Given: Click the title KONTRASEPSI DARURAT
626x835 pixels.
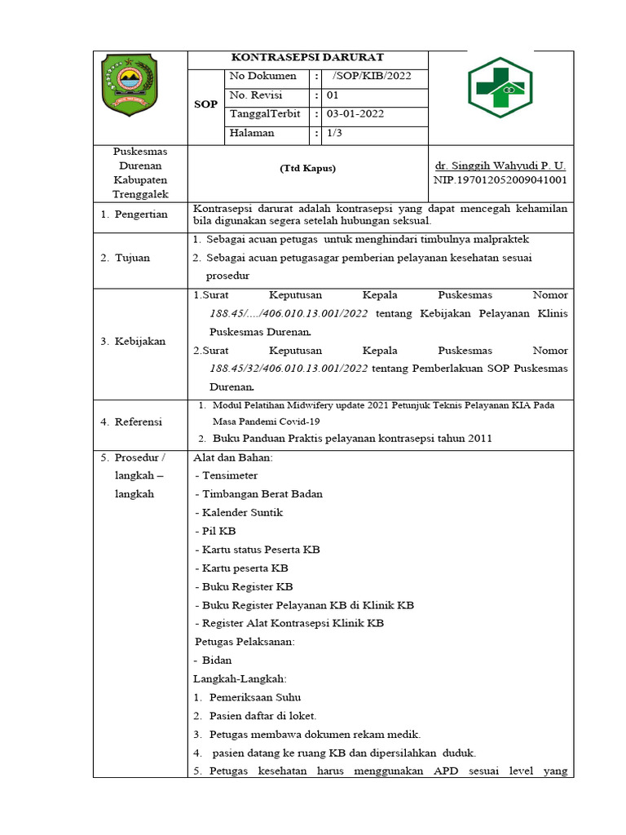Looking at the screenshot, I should [307, 57].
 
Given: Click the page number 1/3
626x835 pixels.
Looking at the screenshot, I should [335, 133].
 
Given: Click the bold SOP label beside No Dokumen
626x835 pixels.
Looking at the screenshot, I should [205, 104].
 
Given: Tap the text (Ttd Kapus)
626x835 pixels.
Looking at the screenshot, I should [307, 169].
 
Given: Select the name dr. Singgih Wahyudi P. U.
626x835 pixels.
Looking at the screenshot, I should [500, 165].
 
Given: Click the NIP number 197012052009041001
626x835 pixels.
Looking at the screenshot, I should [500, 179].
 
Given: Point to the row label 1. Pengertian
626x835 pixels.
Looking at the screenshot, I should [134, 214].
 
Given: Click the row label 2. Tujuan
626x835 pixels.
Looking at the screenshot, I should [127, 258].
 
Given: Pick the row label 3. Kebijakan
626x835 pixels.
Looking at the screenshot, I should [133, 341].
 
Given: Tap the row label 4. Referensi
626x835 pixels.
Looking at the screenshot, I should [131, 422].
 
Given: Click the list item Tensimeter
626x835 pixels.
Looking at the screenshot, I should [230, 475].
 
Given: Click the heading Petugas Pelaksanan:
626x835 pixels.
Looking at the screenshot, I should [245, 642].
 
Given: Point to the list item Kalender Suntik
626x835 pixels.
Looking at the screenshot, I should [242, 512].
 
